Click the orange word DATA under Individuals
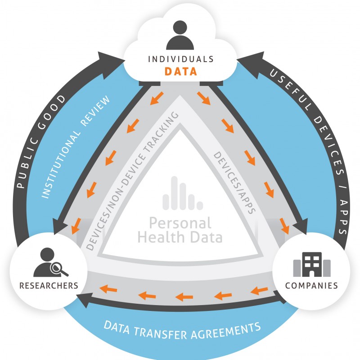point(181,72)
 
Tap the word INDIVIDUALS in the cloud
point(181,59)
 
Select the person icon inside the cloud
point(180,35)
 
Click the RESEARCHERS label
point(49,286)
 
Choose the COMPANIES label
point(311,286)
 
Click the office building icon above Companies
point(312,265)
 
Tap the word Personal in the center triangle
point(180,223)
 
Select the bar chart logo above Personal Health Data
point(183,193)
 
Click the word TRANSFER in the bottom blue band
point(161,333)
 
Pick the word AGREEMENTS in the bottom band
point(226,331)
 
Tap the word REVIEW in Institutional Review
point(95,111)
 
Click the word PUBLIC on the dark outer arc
point(27,162)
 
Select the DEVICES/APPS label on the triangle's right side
point(234,183)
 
